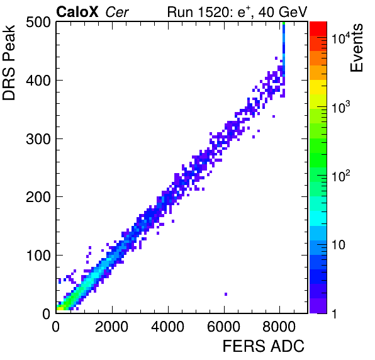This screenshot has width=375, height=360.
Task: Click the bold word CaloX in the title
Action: point(77,12)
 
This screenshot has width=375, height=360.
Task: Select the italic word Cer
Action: point(117,12)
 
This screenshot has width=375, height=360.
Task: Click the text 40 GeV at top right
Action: point(283,12)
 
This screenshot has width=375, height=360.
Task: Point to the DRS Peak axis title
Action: point(9,62)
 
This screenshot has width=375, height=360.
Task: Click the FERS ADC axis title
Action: point(264,346)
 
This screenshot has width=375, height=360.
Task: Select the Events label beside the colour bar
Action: point(356,48)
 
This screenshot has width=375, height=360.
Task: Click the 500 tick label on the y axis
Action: point(38,23)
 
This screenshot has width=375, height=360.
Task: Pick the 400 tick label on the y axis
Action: point(38,81)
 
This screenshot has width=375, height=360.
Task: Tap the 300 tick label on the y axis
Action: point(38,139)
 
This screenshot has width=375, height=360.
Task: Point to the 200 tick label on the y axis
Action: point(38,198)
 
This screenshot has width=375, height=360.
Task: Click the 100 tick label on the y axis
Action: point(38,256)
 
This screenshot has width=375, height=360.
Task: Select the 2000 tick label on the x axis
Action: point(112,327)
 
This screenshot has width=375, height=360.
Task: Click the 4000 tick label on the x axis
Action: point(168,327)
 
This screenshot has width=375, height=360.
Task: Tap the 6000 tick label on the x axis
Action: point(223,327)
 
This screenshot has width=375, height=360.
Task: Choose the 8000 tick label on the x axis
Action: point(279,327)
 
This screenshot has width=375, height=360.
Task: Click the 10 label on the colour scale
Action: point(339,244)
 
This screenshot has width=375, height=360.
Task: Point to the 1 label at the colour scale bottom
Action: point(335,313)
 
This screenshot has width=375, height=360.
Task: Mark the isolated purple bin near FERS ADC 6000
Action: point(226,294)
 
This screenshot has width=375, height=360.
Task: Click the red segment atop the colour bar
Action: point(318,29)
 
